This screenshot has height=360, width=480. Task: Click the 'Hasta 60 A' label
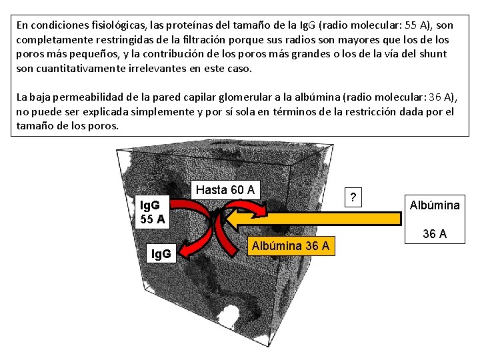coord(225,190)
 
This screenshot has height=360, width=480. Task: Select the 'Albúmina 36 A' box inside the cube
coord(289,246)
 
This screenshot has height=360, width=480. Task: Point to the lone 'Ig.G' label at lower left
coord(161,253)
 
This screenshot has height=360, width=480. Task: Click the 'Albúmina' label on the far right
coord(434,205)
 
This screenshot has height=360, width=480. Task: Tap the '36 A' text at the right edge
coord(434,234)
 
